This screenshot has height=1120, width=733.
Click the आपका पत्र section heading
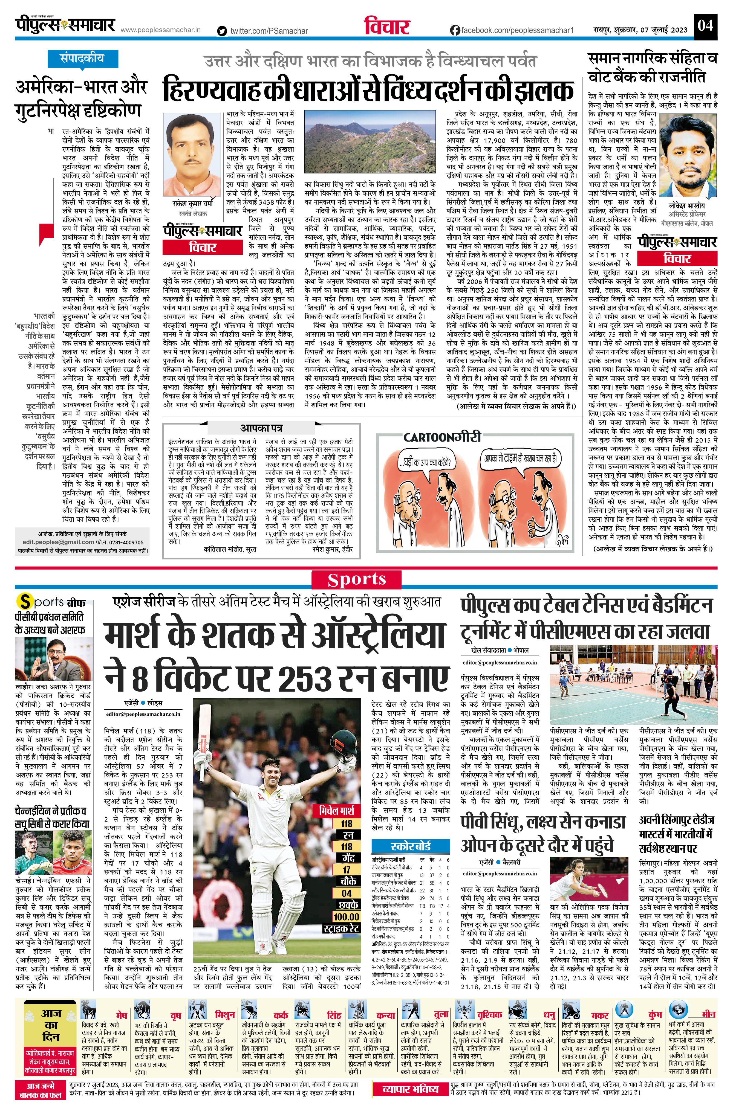261,428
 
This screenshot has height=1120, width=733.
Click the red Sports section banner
356,580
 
